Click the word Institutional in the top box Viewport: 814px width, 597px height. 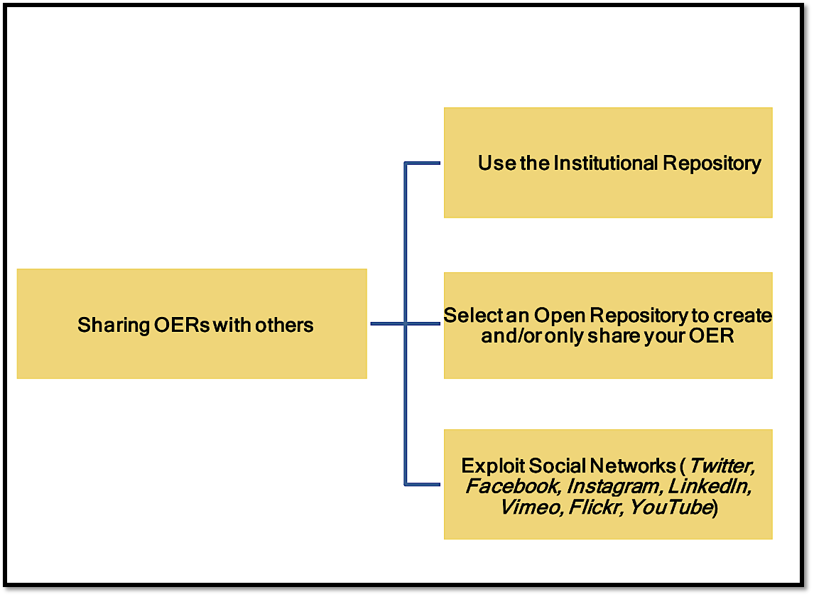[606, 163]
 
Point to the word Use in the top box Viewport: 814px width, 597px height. [496, 163]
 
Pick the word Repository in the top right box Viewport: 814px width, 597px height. [712, 163]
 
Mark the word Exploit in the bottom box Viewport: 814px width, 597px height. [487, 466]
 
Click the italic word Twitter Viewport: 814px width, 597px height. [721, 466]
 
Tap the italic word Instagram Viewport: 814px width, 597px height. [613, 487]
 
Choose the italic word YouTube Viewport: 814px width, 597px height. [671, 507]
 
